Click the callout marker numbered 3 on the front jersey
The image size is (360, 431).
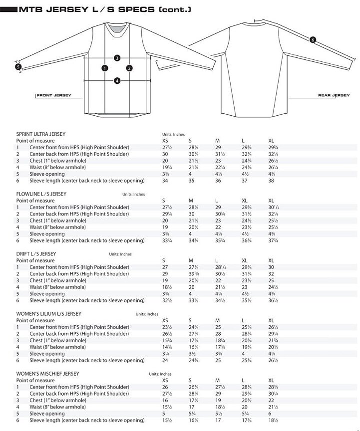click(x=117, y=58)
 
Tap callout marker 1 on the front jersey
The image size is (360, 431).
click(x=104, y=68)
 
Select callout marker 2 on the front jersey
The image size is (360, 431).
click(x=129, y=68)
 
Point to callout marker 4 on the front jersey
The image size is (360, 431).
click(x=117, y=80)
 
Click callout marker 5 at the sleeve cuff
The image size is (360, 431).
click(x=18, y=66)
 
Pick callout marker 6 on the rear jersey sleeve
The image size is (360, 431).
click(x=313, y=40)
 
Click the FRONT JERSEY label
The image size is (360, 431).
click(x=54, y=95)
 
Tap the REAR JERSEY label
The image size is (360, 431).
click(x=334, y=95)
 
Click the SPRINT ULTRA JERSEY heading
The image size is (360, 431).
click(x=41, y=134)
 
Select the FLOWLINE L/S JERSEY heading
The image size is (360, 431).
click(x=41, y=194)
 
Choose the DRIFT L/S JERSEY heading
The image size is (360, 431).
click(x=36, y=253)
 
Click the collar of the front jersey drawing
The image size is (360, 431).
click(x=116, y=30)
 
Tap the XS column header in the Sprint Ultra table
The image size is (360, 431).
click(x=165, y=141)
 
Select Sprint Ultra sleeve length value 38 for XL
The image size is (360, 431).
click(x=271, y=181)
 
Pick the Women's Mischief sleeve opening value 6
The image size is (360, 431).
click(x=270, y=414)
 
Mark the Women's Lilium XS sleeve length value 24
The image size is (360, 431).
click(x=165, y=360)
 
